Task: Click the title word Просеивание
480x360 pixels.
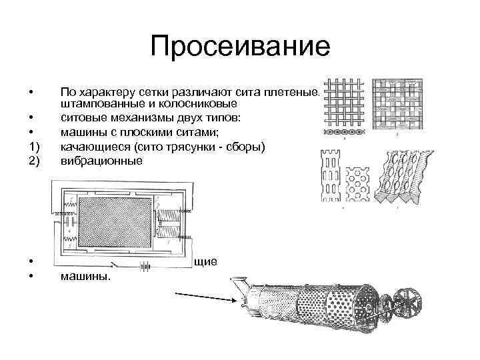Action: click(240, 47)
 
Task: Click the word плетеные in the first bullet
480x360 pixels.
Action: click(296, 93)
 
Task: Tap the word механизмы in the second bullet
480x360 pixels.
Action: click(126, 117)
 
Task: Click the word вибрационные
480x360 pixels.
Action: click(101, 161)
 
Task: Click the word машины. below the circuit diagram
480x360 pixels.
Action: click(86, 276)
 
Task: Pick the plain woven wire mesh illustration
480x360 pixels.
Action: click(343, 108)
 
